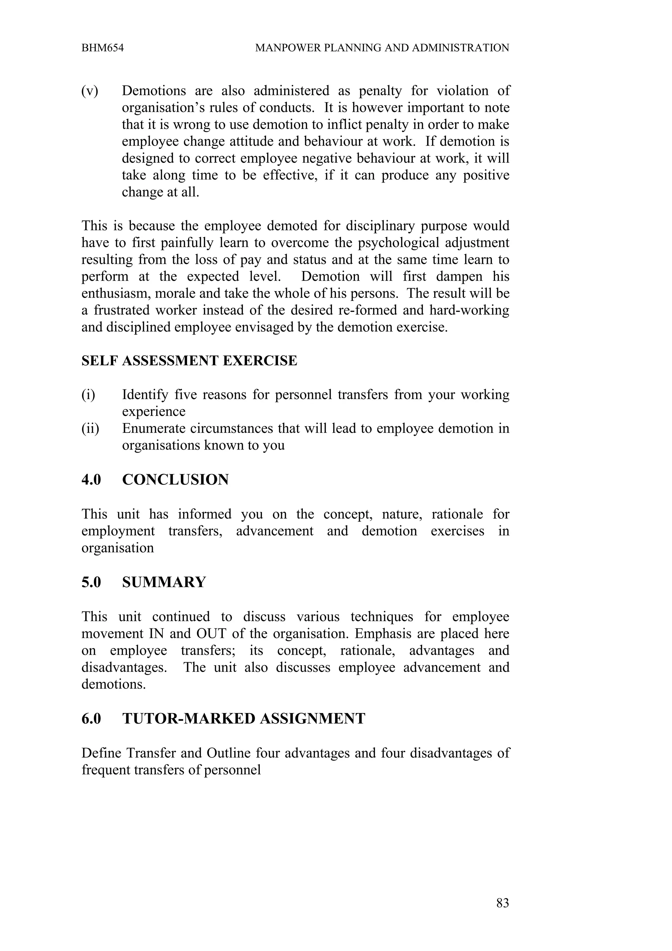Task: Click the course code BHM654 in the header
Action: (102, 48)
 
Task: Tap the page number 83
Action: (502, 903)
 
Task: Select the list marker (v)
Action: (90, 91)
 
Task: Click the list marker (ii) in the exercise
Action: (90, 428)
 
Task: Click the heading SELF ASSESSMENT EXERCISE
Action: (189, 361)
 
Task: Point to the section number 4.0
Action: (91, 480)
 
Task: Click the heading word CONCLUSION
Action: (175, 480)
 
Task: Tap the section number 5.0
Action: (91, 582)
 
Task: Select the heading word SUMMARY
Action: (164, 582)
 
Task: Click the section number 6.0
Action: (91, 718)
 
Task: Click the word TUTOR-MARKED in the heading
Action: (188, 718)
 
